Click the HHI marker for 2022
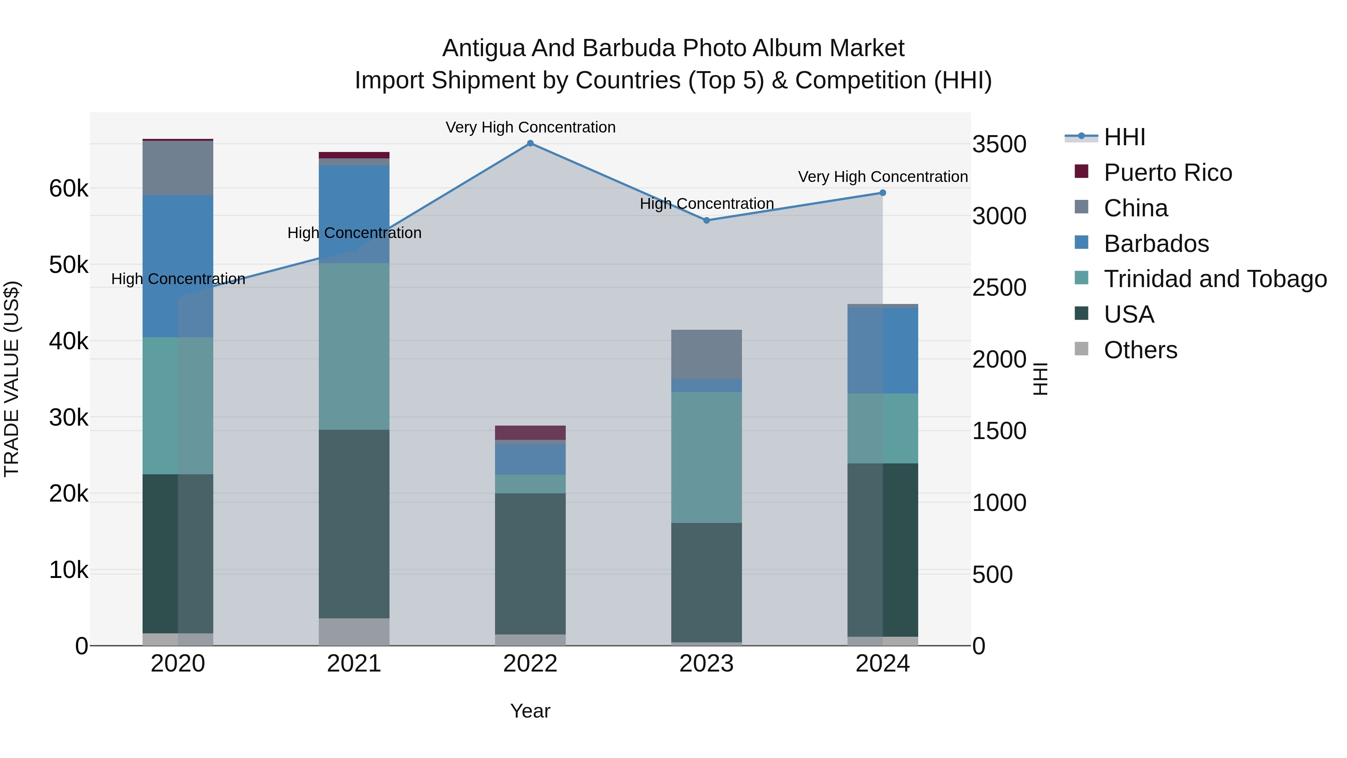pos(530,143)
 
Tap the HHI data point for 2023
pos(706,220)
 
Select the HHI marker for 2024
pos(883,193)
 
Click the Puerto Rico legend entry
pos(1168,173)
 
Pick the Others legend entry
pos(1140,350)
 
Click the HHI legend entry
pos(1124,137)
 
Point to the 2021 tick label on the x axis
pos(354,664)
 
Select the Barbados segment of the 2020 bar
pos(178,266)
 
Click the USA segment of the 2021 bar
pos(354,524)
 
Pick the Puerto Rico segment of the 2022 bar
pos(530,433)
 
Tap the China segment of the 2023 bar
pos(706,354)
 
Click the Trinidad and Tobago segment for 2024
pos(883,429)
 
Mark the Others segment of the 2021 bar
pos(354,632)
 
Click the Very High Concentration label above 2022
pos(530,127)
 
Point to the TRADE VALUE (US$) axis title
pos(12,379)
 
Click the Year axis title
pos(530,711)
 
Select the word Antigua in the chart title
pos(483,48)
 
